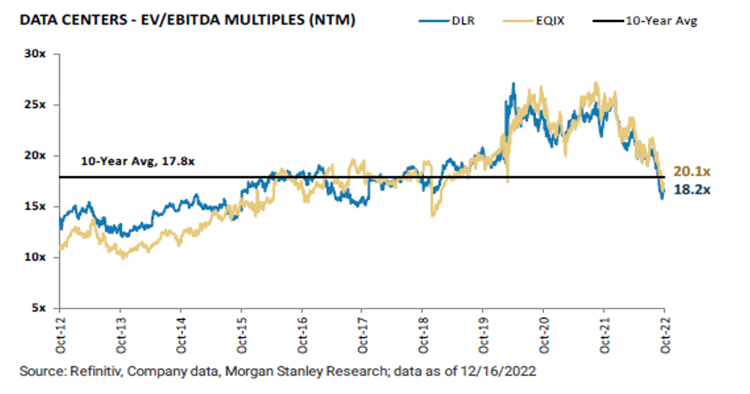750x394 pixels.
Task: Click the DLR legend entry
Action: [449, 20]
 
